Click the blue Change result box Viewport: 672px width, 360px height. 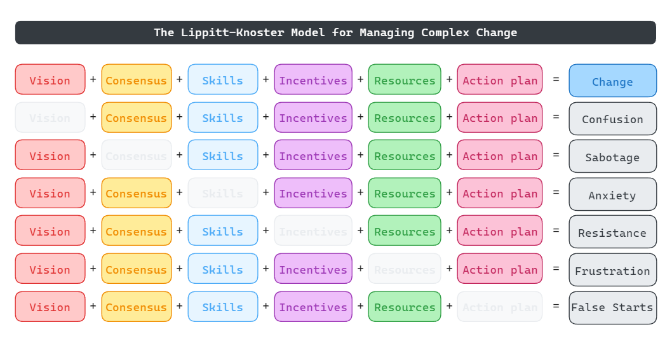tap(612, 81)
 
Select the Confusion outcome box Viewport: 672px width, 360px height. tap(612, 119)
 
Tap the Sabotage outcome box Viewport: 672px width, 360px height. tap(612, 157)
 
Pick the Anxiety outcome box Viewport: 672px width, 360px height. tap(612, 194)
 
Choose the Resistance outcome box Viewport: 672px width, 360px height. tap(612, 232)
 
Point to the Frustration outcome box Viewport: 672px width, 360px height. tap(612, 270)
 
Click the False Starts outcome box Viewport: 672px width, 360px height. tap(612, 308)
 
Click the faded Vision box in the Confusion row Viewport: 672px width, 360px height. tap(50, 117)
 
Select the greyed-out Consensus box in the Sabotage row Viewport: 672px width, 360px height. tap(137, 156)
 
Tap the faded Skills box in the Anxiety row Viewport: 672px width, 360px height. tap(223, 193)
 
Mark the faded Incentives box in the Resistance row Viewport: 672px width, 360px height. tap(313, 231)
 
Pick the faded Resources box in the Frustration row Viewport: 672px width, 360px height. tap(405, 269)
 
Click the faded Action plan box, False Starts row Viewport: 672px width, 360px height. tap(500, 307)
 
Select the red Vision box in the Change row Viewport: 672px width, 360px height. tap(50, 80)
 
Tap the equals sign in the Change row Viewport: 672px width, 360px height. tap(556, 79)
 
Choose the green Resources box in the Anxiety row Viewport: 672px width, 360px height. tap(405, 193)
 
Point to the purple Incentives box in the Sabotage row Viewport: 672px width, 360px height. tap(313, 156)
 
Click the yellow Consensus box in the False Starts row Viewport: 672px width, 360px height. tap(137, 307)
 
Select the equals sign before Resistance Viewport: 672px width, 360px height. tap(556, 230)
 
